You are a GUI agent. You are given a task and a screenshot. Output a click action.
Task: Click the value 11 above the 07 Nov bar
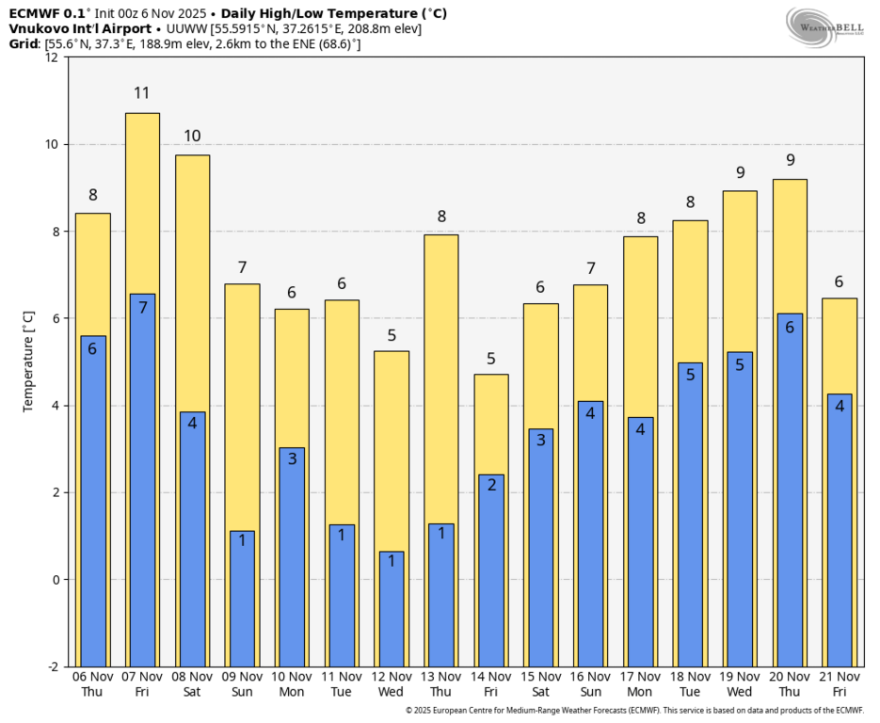[142, 93]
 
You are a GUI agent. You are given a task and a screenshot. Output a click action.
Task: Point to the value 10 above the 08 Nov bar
[192, 137]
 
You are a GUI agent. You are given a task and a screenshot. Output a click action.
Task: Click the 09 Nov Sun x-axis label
[242, 684]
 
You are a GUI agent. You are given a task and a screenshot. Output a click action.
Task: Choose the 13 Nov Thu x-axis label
[441, 684]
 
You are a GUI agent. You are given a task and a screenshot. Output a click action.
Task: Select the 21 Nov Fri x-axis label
[840, 684]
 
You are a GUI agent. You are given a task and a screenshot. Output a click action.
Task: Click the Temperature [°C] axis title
[28, 361]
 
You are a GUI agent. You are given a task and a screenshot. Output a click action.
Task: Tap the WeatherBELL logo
[824, 25]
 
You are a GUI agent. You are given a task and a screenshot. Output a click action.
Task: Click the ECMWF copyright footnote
[633, 711]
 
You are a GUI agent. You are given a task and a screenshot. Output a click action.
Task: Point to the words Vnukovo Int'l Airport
[80, 28]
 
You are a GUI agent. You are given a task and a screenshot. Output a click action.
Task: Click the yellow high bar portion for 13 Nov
[441, 377]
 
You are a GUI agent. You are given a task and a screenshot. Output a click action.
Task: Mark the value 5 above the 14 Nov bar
[491, 358]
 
